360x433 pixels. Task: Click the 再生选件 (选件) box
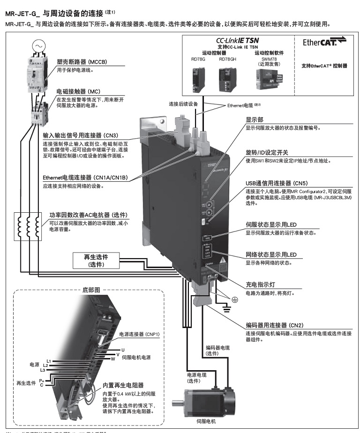pos(96,261)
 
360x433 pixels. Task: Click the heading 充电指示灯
pos(262,284)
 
